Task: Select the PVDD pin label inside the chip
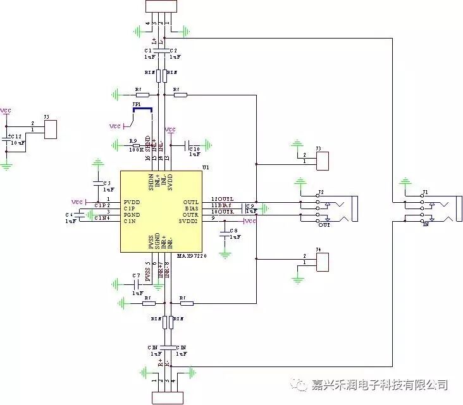click(x=132, y=202)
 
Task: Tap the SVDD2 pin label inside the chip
click(x=189, y=221)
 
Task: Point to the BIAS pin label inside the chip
click(x=192, y=209)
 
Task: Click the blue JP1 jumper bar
click(x=142, y=109)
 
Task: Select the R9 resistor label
click(x=133, y=141)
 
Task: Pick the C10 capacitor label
click(x=194, y=148)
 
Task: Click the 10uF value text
click(x=18, y=143)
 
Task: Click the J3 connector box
click(x=322, y=159)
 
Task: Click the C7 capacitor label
click(x=136, y=275)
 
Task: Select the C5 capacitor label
click(x=107, y=183)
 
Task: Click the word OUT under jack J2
click(x=324, y=225)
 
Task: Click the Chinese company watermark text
click(x=380, y=385)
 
